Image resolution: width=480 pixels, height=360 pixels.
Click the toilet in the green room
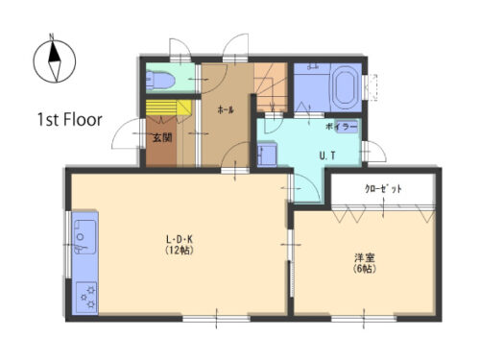(x=159, y=81)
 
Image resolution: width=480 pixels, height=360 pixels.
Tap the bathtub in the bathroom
(x=346, y=86)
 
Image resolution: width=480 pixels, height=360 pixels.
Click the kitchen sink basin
(x=84, y=237)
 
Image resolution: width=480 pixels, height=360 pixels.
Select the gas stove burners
(x=87, y=297)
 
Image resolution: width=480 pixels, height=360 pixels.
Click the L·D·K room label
(x=180, y=239)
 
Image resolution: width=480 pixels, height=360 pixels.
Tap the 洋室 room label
(x=365, y=257)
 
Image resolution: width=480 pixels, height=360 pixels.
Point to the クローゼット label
(x=383, y=189)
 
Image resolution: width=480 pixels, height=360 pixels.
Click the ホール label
(x=226, y=110)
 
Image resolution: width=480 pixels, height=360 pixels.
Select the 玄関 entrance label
(x=162, y=138)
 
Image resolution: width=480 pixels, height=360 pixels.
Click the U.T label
(x=327, y=156)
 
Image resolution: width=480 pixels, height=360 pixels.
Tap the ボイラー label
(x=341, y=127)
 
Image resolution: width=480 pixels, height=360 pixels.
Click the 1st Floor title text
(x=70, y=120)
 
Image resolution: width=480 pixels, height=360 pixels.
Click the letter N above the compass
(x=52, y=36)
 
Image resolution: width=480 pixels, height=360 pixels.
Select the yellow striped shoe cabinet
(x=168, y=108)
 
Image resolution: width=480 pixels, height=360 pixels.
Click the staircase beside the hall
(x=271, y=86)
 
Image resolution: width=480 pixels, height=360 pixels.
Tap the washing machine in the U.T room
(x=267, y=155)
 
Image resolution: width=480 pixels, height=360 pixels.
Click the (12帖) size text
(x=180, y=251)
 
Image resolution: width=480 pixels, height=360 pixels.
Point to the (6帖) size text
(x=365, y=269)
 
